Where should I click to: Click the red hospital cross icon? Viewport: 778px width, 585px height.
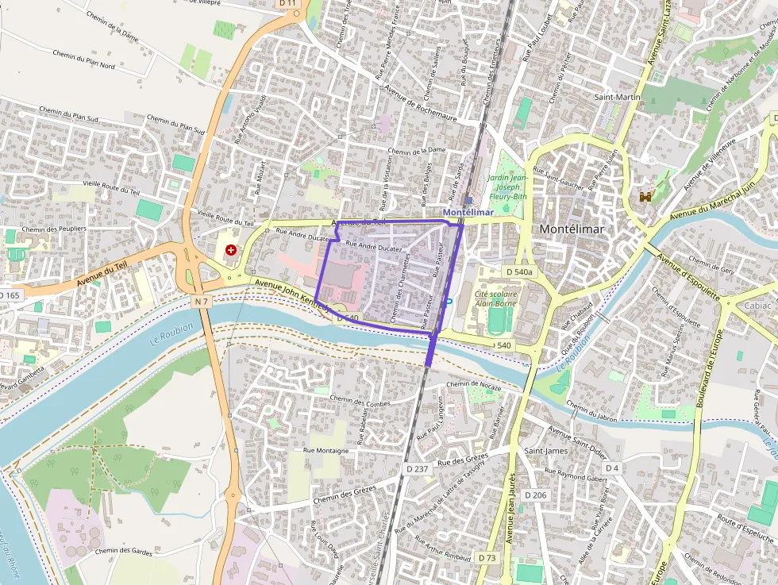(x=231, y=249)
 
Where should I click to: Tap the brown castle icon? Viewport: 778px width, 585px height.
(x=646, y=194)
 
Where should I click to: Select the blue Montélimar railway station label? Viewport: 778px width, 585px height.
(x=468, y=213)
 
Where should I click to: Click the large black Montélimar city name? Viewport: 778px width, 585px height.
(x=572, y=229)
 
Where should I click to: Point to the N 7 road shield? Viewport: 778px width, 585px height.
(x=202, y=302)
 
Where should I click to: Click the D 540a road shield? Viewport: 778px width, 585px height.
(x=519, y=271)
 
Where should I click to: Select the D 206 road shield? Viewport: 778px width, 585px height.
(x=536, y=495)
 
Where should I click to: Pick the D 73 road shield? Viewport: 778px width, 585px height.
(x=487, y=558)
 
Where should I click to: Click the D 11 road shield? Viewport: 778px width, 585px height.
(x=287, y=3)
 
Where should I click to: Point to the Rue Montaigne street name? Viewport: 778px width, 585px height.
(x=326, y=450)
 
